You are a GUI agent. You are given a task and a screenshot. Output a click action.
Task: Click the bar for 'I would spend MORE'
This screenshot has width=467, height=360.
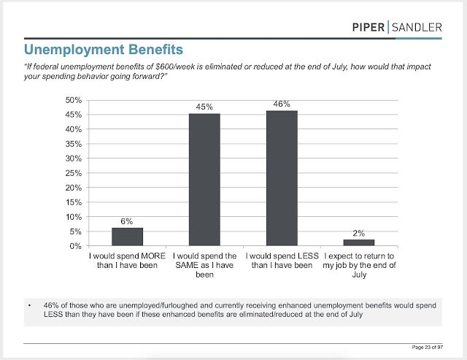point(127,237)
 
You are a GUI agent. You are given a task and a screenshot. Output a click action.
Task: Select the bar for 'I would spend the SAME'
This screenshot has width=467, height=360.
point(204,180)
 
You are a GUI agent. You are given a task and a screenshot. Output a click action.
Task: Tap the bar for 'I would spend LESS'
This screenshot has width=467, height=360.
point(282,178)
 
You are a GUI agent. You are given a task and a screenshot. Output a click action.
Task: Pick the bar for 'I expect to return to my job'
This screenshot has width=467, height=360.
point(359,242)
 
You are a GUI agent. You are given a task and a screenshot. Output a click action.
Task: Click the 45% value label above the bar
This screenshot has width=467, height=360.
point(204,107)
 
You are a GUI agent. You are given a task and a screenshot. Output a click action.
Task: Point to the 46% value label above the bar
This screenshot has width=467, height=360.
point(282,104)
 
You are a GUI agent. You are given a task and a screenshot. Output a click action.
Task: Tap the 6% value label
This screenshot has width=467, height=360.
point(127,221)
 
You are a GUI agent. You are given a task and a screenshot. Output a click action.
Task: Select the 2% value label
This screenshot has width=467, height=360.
point(359,233)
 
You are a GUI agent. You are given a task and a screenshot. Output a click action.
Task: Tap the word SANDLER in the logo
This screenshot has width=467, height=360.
point(415,27)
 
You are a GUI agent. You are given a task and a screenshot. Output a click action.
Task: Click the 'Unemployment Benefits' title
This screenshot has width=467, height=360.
point(103,50)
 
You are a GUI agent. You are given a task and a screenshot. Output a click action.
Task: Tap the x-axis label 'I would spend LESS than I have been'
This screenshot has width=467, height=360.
point(282,261)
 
